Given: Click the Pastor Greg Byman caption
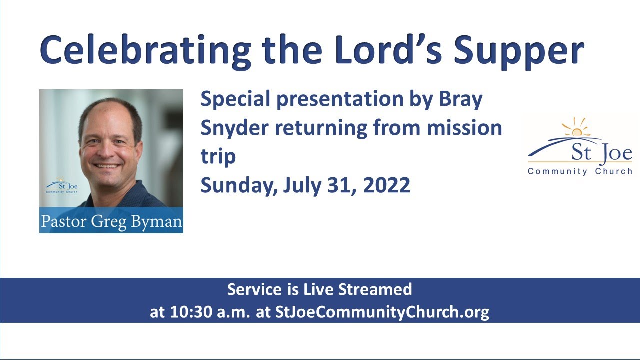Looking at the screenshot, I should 111,221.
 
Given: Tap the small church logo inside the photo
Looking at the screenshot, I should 61,185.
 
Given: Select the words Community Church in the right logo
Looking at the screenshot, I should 580,171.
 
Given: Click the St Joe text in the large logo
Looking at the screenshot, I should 602,153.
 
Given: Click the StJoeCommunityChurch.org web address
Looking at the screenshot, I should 382,312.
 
